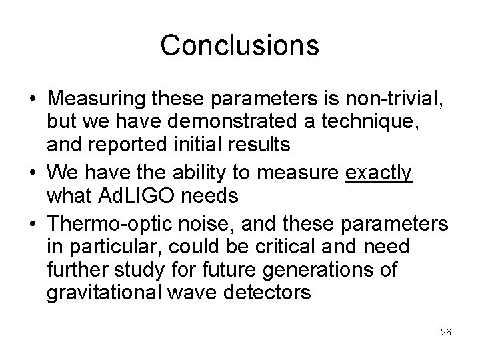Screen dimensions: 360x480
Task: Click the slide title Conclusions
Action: [239, 45]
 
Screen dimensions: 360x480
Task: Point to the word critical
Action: [290, 246]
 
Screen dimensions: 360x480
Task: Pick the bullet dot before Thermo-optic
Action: [33, 224]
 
